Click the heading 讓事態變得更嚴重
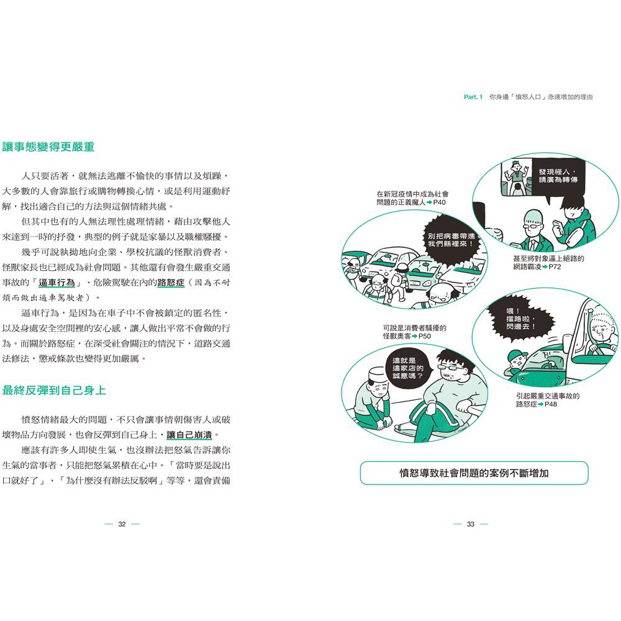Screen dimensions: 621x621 click(x=48, y=147)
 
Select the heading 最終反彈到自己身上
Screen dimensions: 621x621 click(x=54, y=391)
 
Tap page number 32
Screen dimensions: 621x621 click(x=122, y=524)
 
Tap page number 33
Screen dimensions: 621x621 click(x=471, y=524)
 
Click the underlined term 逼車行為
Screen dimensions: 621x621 click(x=57, y=283)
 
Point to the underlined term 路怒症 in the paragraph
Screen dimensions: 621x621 click(x=171, y=283)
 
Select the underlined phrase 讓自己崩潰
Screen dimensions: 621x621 click(x=189, y=435)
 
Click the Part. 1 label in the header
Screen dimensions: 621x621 click(x=473, y=97)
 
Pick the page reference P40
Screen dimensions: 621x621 click(x=439, y=202)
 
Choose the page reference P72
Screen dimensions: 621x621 click(x=555, y=267)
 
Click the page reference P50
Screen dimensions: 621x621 click(x=425, y=336)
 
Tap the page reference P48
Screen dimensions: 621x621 click(x=550, y=404)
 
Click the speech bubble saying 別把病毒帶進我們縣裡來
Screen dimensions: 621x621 click(x=451, y=240)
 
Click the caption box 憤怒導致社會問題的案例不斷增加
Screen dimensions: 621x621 click(x=474, y=473)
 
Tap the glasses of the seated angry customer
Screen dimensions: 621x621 click(x=452, y=368)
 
